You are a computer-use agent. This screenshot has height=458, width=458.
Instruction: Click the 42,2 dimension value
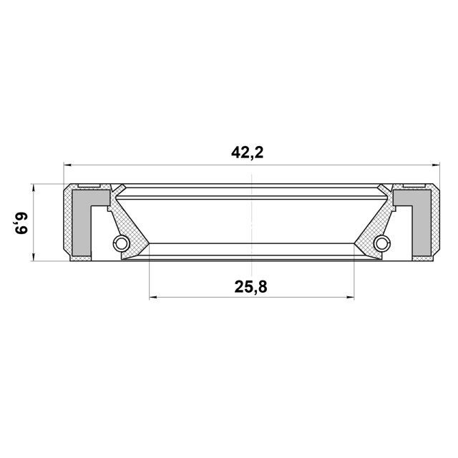coord(247,152)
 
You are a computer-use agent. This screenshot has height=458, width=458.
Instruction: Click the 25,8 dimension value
coord(250,286)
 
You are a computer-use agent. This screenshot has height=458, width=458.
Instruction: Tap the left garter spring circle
coord(121,243)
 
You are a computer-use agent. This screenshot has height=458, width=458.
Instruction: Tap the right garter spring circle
coord(382,243)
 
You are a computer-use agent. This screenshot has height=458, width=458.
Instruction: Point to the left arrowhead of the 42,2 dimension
coord(67,165)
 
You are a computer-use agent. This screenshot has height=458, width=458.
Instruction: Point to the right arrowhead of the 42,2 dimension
coord(436,165)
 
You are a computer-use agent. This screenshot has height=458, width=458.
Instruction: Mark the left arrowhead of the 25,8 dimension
coord(153,298)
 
